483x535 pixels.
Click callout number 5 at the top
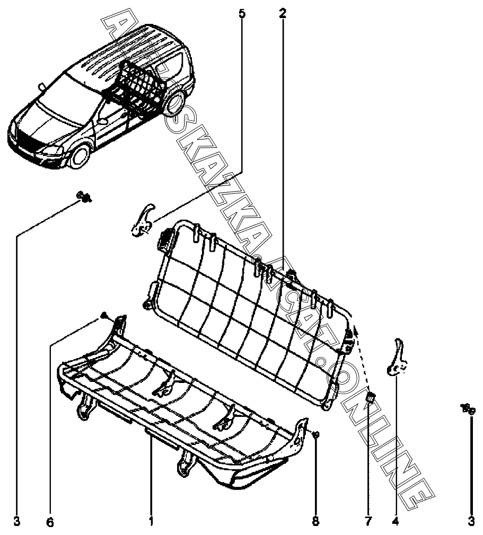tap(242, 13)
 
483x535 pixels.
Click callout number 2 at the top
tap(283, 13)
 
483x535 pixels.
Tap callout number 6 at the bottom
tap(50, 522)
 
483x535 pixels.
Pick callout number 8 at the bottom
tap(315, 522)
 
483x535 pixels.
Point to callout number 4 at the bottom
tap(395, 522)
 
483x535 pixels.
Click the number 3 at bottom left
tap(17, 522)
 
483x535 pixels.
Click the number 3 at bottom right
tap(471, 522)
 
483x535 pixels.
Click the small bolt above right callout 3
tap(468, 408)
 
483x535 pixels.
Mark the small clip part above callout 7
tap(372, 397)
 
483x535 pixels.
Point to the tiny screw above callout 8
tap(315, 435)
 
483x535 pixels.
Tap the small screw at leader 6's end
tap(103, 316)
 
